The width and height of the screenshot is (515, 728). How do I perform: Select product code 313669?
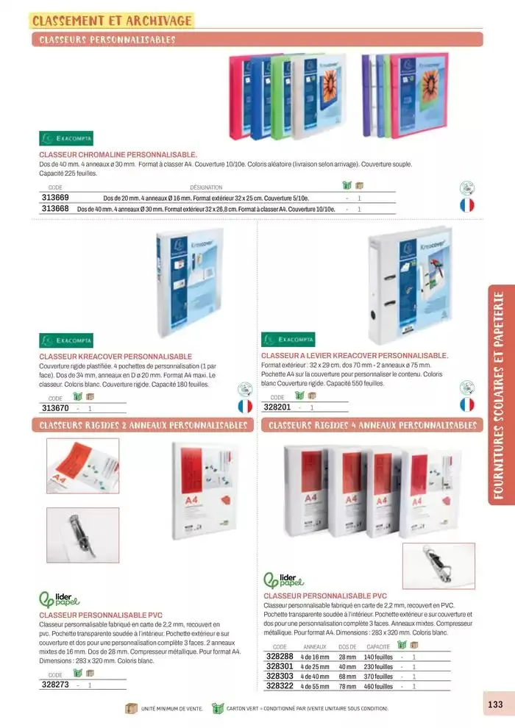pos(55,198)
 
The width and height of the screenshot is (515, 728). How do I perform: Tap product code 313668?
pos(55,209)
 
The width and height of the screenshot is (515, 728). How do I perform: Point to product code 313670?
pos(55,408)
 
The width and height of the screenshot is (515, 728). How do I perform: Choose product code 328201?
pos(278,407)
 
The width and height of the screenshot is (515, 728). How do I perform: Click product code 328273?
pos(56,685)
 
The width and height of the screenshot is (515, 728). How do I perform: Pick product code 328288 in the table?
pos(280,656)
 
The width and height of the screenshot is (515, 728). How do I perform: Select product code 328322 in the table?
pos(280,685)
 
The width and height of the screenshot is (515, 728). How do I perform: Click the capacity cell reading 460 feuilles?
pos(378,686)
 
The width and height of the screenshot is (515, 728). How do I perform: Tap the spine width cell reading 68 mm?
pos(347,676)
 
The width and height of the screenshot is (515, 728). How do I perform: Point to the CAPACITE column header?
pos(378,646)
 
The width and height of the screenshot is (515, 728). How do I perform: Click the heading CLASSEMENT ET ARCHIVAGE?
pos(113,20)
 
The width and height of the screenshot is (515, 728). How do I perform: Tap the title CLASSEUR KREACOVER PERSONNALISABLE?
pos(116,357)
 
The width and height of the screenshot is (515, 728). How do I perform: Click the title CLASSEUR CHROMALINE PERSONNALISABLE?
pos(118,155)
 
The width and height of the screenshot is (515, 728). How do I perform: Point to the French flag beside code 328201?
pos(466,404)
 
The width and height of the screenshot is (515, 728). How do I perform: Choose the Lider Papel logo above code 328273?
pos(59,597)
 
